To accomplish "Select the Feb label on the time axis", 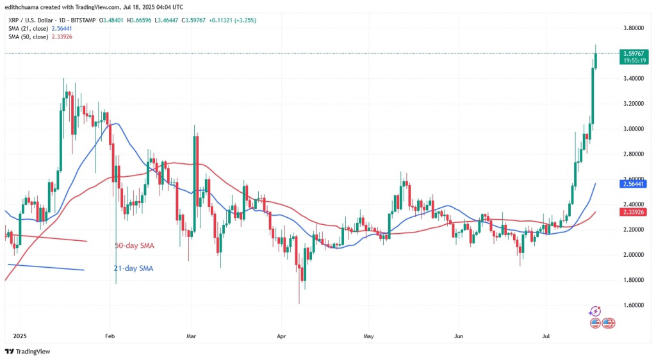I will pos(109,335).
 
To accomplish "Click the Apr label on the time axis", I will pos(280,335).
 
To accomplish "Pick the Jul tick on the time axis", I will pos(546,335).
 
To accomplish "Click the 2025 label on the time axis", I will pos(19,335).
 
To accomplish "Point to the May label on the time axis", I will pos(368,335).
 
